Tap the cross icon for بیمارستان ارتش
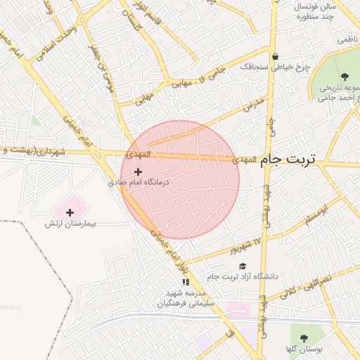(70, 212)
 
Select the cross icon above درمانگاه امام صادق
(138, 172)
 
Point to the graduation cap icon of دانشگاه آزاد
(243, 266)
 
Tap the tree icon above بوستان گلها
(304, 338)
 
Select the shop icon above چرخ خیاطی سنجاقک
(275, 56)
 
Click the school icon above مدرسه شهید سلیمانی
(186, 282)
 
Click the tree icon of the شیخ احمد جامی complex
(345, 77)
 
